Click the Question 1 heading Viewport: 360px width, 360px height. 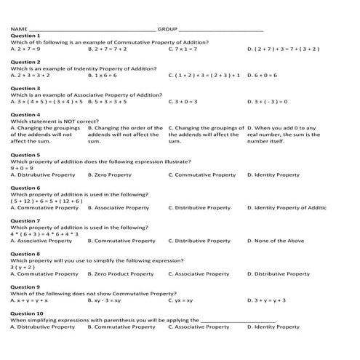pos(26,35)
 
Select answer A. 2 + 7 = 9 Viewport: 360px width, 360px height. pos(29,49)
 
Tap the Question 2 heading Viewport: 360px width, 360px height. pos(26,62)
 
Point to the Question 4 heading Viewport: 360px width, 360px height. pos(26,115)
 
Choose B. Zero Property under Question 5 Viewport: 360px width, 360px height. pos(110,175)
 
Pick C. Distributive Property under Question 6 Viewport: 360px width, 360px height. pos(199,208)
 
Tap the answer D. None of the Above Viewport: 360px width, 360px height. pos(276,241)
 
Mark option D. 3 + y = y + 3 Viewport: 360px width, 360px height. pos(267,300)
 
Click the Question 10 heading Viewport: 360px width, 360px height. pos(28,313)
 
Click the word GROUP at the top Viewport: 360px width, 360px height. pos(167,28)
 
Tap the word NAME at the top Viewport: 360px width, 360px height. pos(19,28)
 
